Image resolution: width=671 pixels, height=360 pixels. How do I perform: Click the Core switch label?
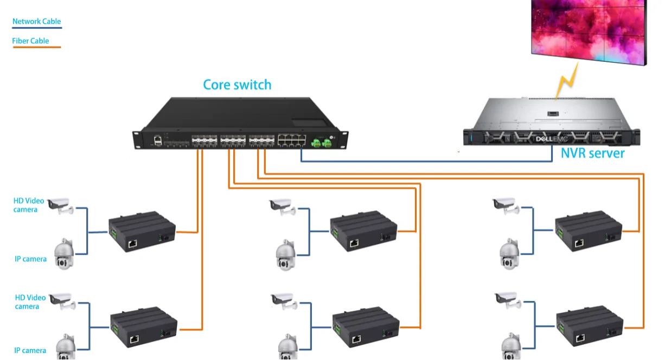tap(237, 85)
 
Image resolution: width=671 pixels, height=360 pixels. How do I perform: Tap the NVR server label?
tap(592, 153)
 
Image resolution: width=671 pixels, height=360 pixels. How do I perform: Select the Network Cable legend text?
tap(37, 22)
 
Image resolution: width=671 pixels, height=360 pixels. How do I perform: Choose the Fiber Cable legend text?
tap(30, 41)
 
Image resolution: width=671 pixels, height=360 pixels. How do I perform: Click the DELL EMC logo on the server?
tap(552, 139)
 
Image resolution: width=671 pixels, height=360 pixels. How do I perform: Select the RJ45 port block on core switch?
tap(291, 140)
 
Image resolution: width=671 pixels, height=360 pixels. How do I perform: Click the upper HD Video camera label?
tap(29, 205)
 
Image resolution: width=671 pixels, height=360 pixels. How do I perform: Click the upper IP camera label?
tap(30, 259)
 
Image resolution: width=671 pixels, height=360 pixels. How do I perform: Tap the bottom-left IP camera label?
tap(30, 351)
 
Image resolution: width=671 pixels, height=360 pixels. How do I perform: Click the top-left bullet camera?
tap(59, 205)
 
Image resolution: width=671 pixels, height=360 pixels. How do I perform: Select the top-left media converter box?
tap(142, 233)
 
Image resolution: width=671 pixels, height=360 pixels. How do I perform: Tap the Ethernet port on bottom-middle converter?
tap(356, 339)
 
